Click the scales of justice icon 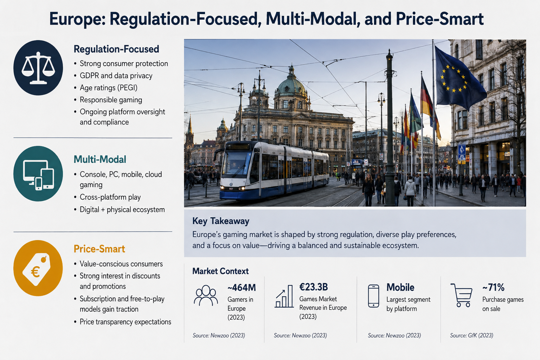[38, 68]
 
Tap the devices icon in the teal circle [38, 175]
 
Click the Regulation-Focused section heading [116, 49]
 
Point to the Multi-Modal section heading [100, 159]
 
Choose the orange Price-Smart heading [99, 249]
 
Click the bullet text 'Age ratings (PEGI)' [109, 88]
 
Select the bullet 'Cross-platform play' [110, 197]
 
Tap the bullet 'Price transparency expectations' [126, 322]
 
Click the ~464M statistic [242, 288]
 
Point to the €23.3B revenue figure [313, 287]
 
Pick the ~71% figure [493, 287]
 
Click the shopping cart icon [462, 295]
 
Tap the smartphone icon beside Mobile [373, 296]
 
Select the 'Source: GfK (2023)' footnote [471, 335]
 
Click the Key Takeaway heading [220, 221]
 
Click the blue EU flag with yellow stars [458, 77]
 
